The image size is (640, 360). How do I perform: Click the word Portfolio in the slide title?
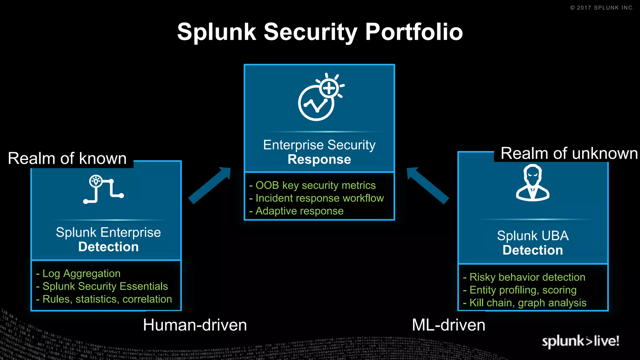pyautogui.click(x=414, y=32)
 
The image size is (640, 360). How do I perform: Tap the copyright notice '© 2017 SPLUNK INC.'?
pyautogui.click(x=602, y=8)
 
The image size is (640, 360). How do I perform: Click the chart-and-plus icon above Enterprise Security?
pyautogui.click(x=320, y=97)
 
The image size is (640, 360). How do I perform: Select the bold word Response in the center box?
pyautogui.click(x=319, y=159)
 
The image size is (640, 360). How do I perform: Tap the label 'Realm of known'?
pyautogui.click(x=67, y=158)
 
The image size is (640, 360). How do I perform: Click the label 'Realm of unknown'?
pyautogui.click(x=569, y=153)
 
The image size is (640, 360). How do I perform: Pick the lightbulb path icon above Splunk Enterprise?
pyautogui.click(x=103, y=189)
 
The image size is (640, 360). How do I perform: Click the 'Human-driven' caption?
pyautogui.click(x=195, y=325)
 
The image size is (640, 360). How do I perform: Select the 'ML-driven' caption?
pyautogui.click(x=448, y=325)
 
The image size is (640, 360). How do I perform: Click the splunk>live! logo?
pyautogui.click(x=580, y=341)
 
